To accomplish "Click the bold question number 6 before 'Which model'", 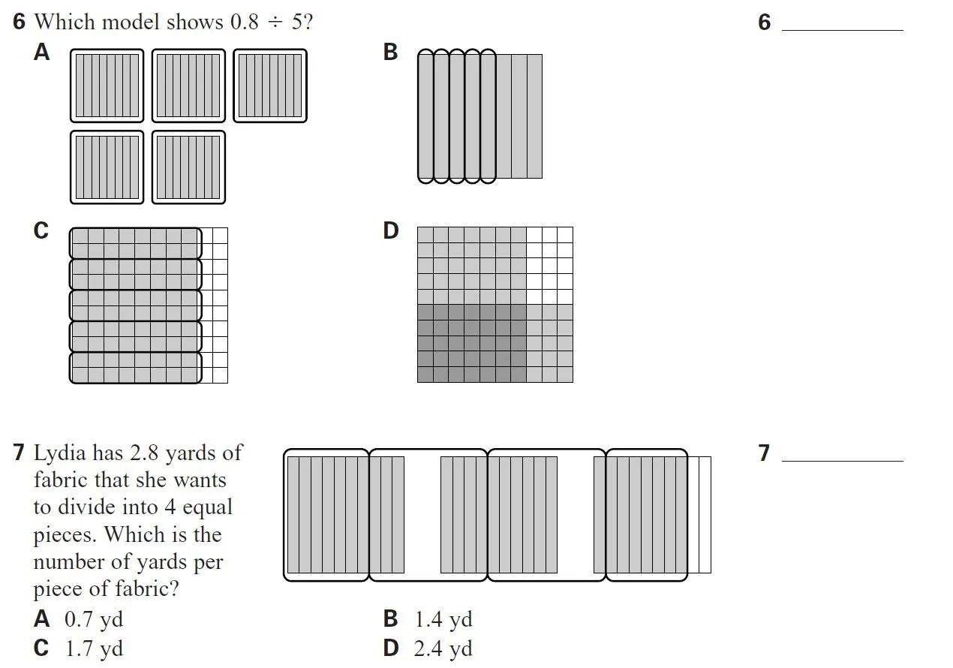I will (19, 22).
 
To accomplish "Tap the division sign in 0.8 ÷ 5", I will (275, 23).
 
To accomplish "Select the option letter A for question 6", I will (42, 52).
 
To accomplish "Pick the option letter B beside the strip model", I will (390, 52).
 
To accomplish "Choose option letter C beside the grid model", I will (41, 230).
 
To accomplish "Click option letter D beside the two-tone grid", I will (391, 230).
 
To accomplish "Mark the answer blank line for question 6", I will (842, 30).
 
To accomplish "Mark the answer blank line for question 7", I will (842, 460).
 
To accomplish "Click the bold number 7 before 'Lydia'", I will (19, 453).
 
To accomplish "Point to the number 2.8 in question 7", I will (144, 453).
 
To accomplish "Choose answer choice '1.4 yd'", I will (443, 620).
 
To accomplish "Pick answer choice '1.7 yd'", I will (94, 648).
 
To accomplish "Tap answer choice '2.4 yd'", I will (443, 648).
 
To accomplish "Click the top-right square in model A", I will (269, 86).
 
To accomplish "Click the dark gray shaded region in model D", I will (471, 342).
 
